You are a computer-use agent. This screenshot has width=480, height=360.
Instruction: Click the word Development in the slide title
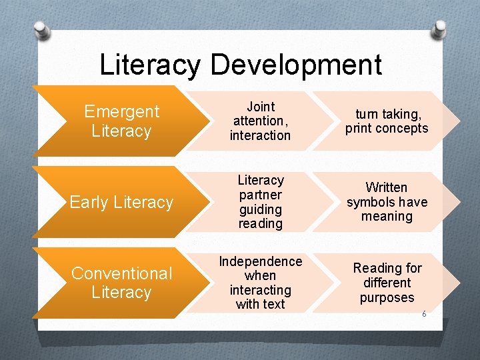click(296, 65)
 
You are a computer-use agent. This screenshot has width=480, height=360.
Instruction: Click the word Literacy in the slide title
click(149, 65)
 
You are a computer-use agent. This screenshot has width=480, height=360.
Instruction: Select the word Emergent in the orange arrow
click(122, 111)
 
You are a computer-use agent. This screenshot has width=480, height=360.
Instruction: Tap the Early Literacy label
click(121, 202)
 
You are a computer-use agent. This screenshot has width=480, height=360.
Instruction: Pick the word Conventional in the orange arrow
click(122, 273)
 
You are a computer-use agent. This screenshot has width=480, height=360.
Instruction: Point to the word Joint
click(261, 107)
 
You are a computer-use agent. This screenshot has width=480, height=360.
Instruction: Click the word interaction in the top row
click(260, 135)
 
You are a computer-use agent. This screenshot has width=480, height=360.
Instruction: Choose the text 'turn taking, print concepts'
click(387, 121)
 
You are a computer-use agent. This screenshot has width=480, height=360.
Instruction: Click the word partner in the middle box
click(261, 195)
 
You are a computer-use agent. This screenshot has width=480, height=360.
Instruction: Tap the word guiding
click(261, 209)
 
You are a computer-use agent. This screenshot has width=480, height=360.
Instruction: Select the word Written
click(387, 187)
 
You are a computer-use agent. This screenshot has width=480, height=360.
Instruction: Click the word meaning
click(387, 217)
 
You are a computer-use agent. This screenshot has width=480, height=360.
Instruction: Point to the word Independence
click(261, 261)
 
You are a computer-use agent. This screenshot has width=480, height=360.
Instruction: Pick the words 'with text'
click(260, 305)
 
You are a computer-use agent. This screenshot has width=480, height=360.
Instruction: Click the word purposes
click(387, 297)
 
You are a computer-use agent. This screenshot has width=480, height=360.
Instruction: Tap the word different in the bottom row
click(387, 283)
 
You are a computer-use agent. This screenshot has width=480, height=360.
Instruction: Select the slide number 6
click(424, 313)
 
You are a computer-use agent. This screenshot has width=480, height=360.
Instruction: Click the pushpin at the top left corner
click(41, 30)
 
